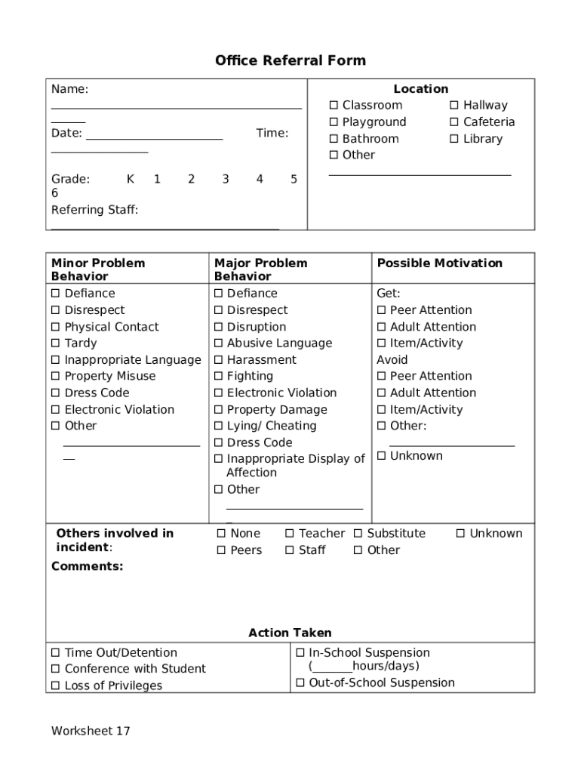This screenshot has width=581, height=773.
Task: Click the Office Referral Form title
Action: pos(290,60)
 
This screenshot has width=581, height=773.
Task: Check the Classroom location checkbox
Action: pos(334,106)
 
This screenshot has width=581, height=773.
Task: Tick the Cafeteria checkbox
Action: pos(454,122)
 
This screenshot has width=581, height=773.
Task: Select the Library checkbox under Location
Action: pos(454,139)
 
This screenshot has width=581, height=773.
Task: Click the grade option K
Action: pos(131,179)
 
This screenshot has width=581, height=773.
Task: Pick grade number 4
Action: pos(260,179)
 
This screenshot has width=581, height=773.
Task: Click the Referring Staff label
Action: pos(94,210)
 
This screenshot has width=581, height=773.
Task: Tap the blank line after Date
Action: pos(155,138)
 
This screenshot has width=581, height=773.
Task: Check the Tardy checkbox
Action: pos(55,343)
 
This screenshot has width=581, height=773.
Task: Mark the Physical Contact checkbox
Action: pos(55,327)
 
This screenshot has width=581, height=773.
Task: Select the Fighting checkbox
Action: pos(219,377)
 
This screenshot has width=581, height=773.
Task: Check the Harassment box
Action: pos(219,360)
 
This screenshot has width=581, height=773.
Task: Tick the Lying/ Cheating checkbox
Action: pos(219,426)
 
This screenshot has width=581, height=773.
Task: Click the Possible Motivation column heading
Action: pos(439,263)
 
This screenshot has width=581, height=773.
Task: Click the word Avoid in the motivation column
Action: pos(392,360)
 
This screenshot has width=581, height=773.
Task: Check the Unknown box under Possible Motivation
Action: pos(382,456)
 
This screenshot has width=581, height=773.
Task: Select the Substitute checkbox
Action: pos(359,534)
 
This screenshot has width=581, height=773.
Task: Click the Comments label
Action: pos(87,566)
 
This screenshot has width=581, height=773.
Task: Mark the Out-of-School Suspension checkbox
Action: pos(300,683)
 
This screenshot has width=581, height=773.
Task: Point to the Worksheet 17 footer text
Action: pos(91,731)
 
